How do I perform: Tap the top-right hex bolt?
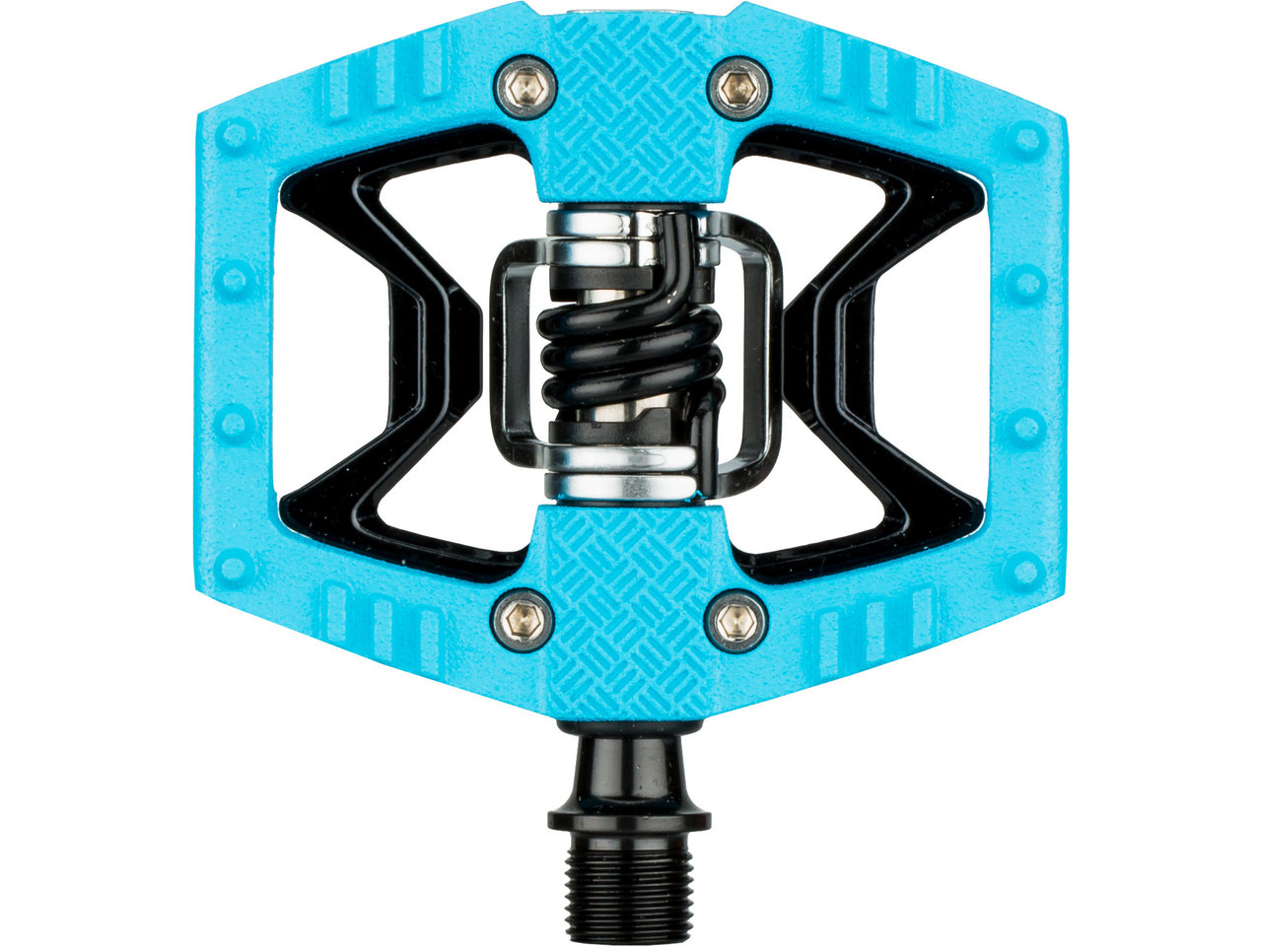pos(738,88)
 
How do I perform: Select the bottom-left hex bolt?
pos(522,621)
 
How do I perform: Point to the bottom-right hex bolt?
pos(737,621)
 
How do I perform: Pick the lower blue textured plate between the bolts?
pos(632,591)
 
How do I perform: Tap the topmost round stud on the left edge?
pos(234,136)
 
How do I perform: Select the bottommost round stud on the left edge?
pos(234,569)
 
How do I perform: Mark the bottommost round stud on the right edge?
pos(1026,569)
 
